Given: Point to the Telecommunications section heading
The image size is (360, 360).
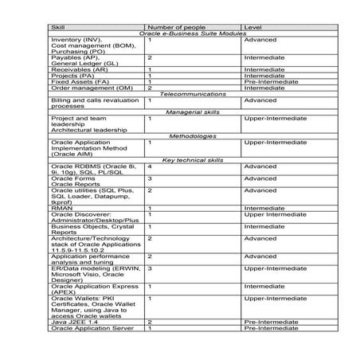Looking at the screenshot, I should pos(193,94).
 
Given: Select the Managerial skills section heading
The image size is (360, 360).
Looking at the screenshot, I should pos(193,112).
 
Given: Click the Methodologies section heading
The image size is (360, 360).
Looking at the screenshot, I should pos(193,136).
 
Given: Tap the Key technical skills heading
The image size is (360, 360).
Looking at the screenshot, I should pos(193,160).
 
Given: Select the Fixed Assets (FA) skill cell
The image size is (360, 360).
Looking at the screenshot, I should pos(80,81).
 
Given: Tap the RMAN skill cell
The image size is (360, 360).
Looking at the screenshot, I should pos(62,208).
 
